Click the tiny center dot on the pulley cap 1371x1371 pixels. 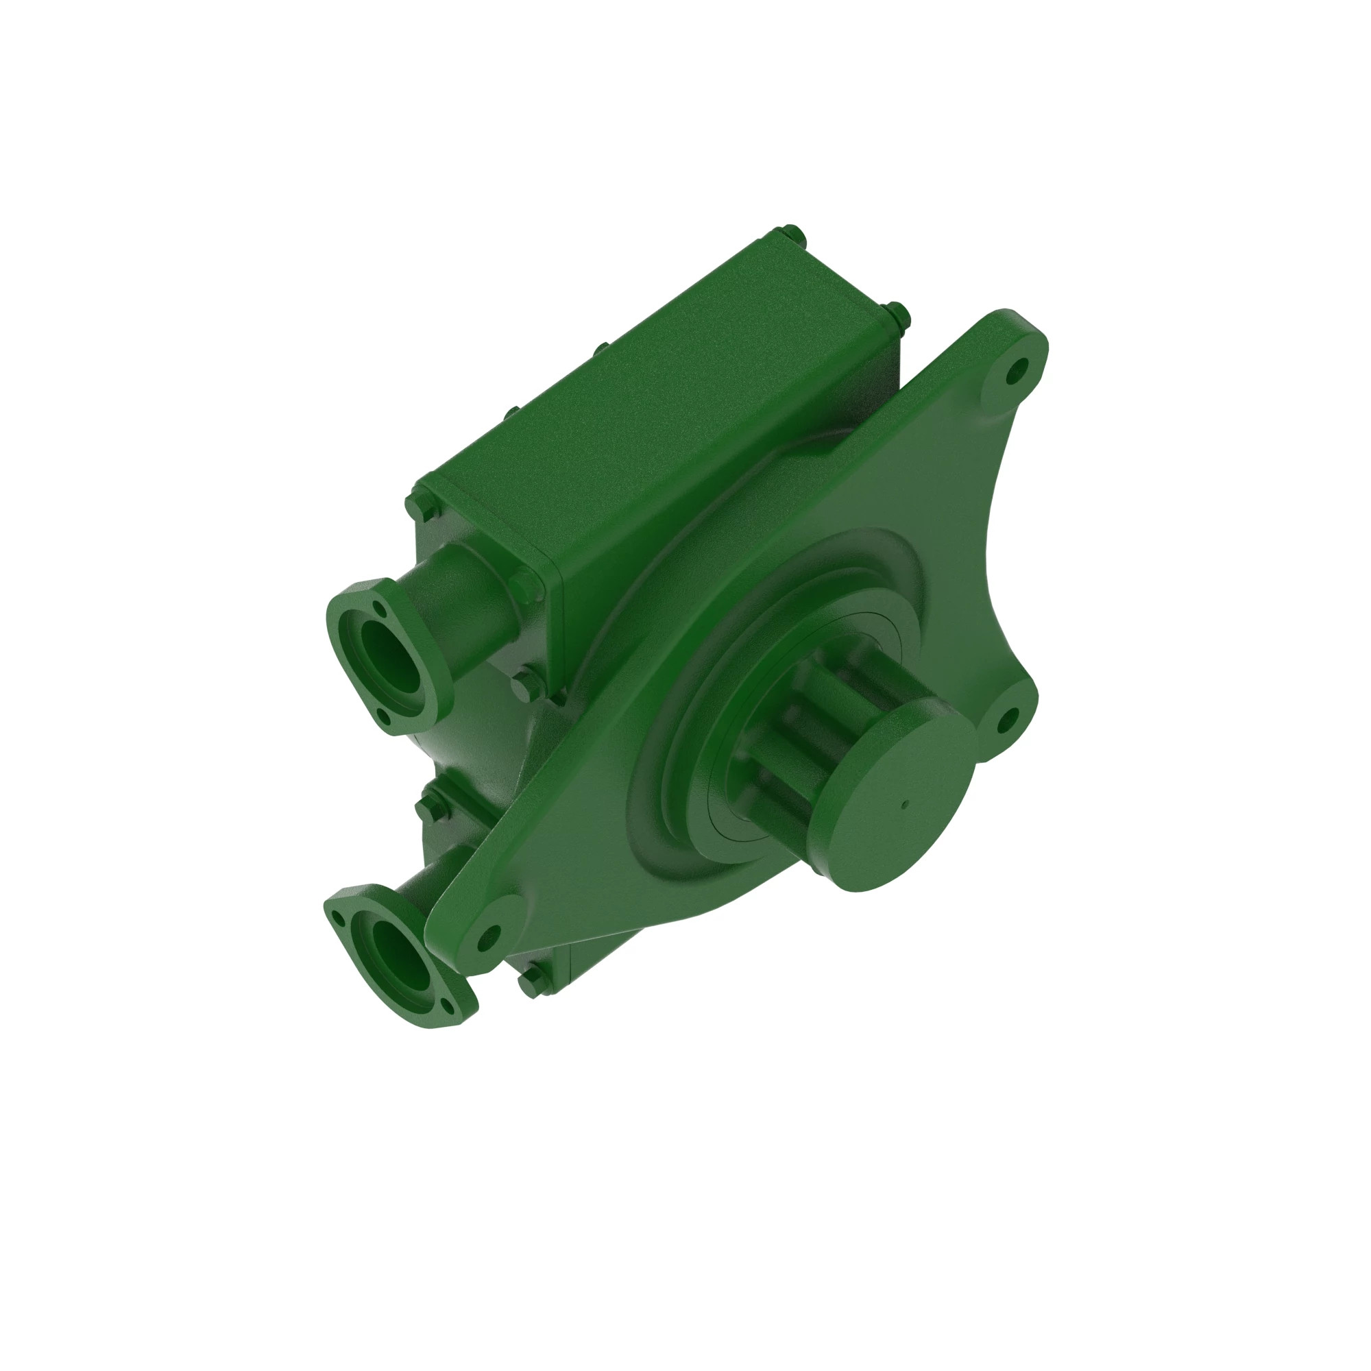pos(905,805)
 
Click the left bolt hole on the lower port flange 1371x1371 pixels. pos(339,921)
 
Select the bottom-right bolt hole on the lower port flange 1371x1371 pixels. pos(446,1004)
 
